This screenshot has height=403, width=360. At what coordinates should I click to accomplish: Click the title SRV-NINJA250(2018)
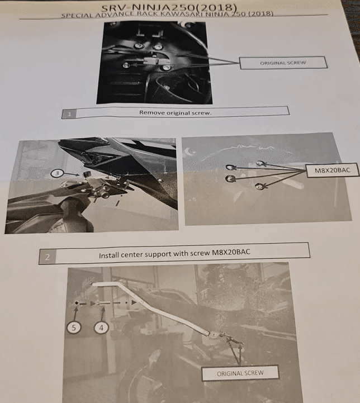tap(169, 8)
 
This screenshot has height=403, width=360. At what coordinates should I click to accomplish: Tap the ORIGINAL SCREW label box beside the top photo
tap(283, 63)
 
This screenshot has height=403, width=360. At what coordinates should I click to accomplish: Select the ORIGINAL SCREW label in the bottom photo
tap(240, 373)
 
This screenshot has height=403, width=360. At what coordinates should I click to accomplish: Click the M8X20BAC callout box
tap(333, 170)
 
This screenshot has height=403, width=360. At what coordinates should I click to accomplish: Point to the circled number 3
tap(57, 173)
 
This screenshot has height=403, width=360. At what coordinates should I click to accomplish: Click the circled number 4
tap(101, 328)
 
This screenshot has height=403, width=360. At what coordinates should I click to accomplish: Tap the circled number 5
tap(74, 328)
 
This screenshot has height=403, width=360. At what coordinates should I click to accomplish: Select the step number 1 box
tap(69, 114)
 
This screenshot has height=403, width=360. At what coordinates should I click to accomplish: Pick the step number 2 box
tap(48, 257)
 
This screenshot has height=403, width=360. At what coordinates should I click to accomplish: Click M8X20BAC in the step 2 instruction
tap(231, 253)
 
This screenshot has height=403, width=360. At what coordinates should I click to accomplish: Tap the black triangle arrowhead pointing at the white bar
tap(134, 302)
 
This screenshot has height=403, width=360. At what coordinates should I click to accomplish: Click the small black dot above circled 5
tap(77, 303)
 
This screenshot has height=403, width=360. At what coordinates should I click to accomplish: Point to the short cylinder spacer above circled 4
tap(104, 304)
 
